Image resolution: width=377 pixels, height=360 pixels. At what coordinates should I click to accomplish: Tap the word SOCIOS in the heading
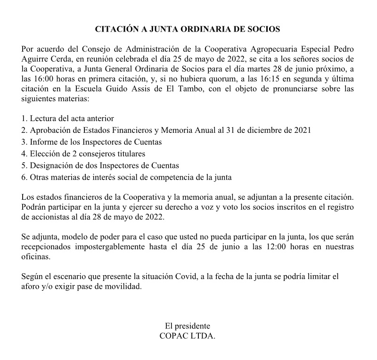(x=262, y=29)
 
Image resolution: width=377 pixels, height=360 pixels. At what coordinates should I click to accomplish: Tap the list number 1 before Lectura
(x=24, y=118)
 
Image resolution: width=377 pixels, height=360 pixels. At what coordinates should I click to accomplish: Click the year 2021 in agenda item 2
(x=301, y=130)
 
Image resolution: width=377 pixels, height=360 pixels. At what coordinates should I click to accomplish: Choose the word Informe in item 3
(x=43, y=142)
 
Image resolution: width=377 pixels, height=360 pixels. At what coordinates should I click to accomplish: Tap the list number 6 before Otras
(x=24, y=178)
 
